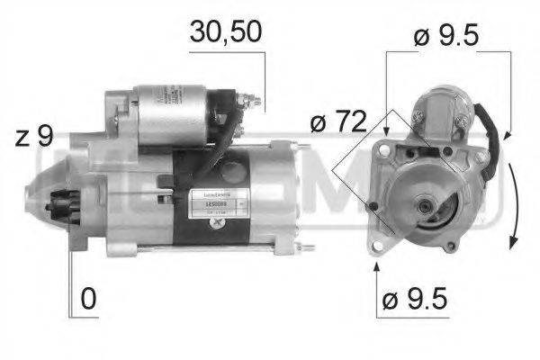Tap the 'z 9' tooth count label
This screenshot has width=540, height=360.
(x=33, y=137)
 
